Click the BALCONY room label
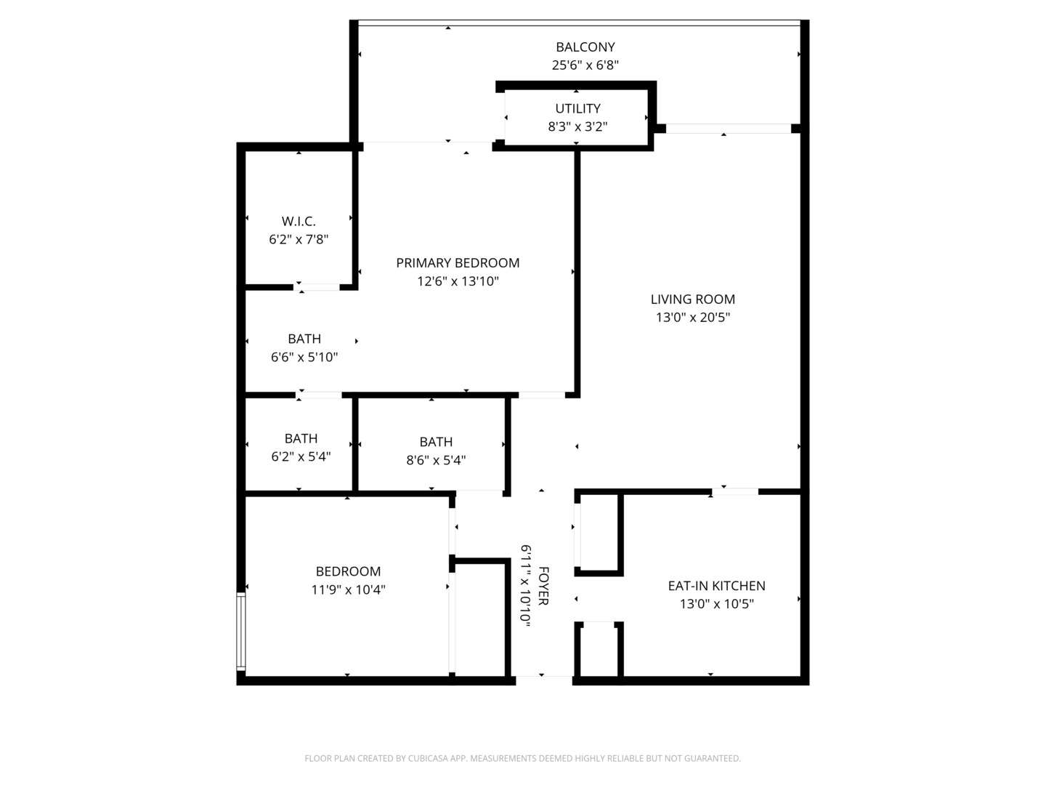tap(585, 47)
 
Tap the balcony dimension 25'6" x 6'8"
tap(585, 65)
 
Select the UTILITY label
tap(577, 108)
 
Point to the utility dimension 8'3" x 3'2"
tap(577, 126)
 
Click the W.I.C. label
tap(299, 221)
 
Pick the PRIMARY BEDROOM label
tap(458, 263)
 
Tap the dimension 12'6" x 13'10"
tap(458, 281)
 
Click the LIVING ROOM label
tap(692, 299)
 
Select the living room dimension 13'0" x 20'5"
tap(692, 318)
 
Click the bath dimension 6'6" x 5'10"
tap(304, 357)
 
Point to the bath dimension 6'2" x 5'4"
tap(301, 456)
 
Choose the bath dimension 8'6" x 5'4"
tap(436, 459)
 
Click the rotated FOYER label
tap(543, 586)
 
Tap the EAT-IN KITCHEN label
tap(716, 586)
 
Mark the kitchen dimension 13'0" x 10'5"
tap(716, 604)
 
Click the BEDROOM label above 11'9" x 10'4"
tap(348, 571)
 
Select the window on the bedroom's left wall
tap(240, 631)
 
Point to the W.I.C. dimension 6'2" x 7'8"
tap(299, 239)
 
